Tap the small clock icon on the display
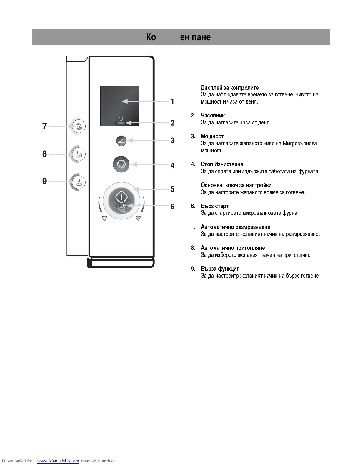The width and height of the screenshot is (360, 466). pos(121,119)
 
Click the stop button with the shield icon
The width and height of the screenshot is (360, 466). pos(121,164)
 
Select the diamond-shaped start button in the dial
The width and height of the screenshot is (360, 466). pos(121,197)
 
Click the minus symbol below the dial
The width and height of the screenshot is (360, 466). pos(104,218)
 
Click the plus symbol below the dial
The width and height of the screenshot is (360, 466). pos(138,218)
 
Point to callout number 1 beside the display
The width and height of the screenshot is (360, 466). pos(172,101)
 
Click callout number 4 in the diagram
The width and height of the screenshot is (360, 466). pos(172,166)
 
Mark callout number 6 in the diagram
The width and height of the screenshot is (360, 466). pos(172,207)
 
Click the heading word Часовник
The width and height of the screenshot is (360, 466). pos(213,115)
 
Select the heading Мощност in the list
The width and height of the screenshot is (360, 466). pos(212,136)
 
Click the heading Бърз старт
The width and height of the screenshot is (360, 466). pos(215,206)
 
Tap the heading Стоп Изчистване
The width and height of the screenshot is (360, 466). pos(222,164)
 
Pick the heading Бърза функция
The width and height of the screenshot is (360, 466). pos(220,269)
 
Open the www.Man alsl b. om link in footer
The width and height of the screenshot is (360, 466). pos(58,461)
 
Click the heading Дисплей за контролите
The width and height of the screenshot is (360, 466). pos(230,88)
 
